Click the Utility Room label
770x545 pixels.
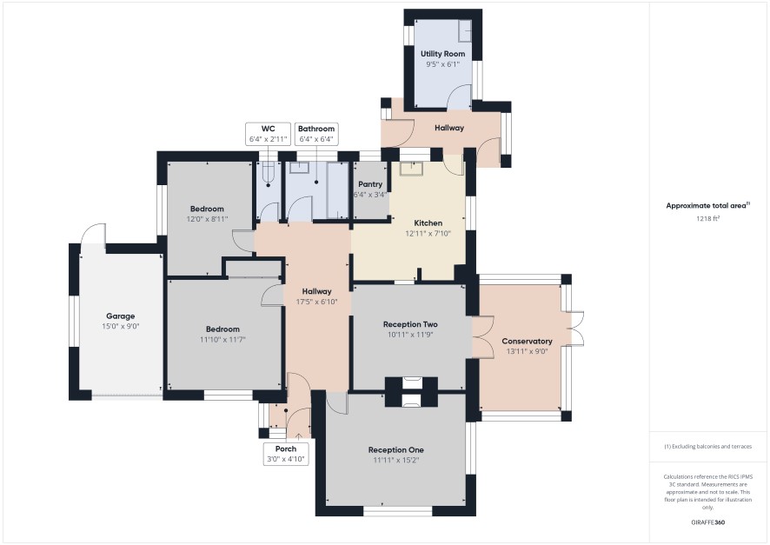tap(442, 54)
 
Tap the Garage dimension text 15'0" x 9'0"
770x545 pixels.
tap(120, 326)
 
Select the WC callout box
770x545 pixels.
tap(269, 134)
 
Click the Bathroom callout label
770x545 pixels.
tap(316, 129)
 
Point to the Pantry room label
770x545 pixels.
tap(370, 184)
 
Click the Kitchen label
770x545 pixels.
tap(428, 223)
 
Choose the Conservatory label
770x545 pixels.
tap(527, 341)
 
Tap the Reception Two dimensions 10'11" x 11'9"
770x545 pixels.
tap(410, 335)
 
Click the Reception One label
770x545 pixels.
tap(395, 449)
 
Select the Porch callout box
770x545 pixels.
tap(286, 454)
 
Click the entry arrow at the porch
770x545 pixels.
tap(299, 436)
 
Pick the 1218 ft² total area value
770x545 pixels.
tap(707, 218)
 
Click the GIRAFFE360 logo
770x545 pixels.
tap(707, 522)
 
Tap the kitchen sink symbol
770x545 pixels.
tap(411, 169)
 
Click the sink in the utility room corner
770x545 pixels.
tap(465, 31)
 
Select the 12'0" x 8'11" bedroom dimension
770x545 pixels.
tap(207, 219)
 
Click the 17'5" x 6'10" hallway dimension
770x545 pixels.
tap(316, 302)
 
